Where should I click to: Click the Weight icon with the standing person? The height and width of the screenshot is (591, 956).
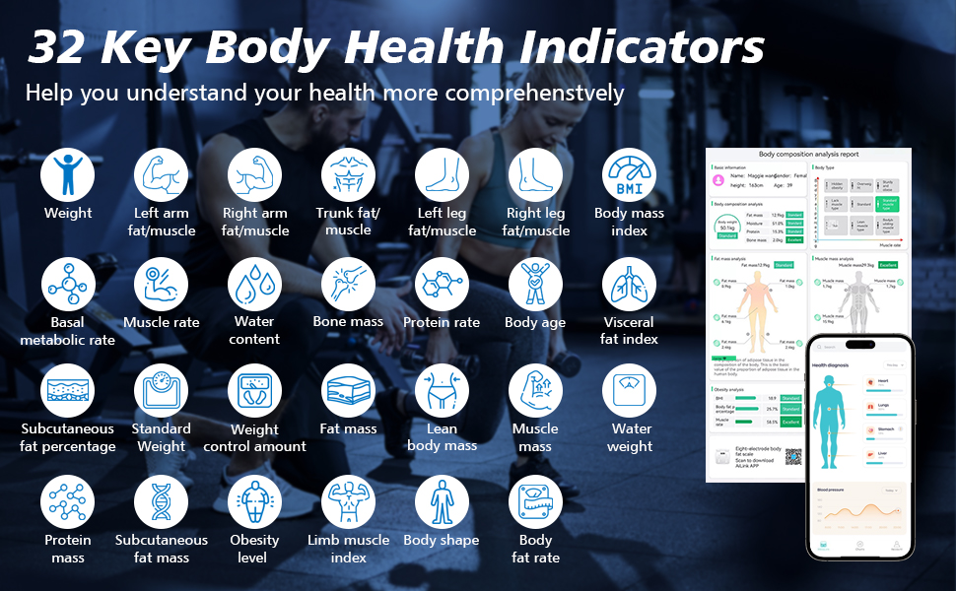[68, 175]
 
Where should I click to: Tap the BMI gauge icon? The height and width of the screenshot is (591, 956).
[629, 175]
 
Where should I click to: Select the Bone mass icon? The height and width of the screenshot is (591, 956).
[348, 285]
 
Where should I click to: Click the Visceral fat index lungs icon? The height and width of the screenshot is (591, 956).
[629, 285]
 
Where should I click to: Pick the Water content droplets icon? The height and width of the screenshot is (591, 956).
[254, 285]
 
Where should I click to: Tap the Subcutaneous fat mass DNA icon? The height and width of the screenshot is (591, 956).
[162, 502]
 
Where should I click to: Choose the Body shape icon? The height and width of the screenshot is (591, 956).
[442, 502]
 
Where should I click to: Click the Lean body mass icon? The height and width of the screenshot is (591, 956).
[442, 392]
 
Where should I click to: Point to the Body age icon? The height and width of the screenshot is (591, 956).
[535, 285]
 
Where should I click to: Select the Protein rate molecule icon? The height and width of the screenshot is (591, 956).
[442, 285]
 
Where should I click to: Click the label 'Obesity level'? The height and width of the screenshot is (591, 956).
[254, 549]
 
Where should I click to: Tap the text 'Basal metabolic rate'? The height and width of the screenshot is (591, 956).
[68, 331]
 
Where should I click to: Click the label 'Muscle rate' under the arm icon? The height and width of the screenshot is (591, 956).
[162, 322]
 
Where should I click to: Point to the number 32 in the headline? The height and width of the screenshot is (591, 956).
[65, 47]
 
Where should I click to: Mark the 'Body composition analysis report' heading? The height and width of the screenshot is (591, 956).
[808, 155]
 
